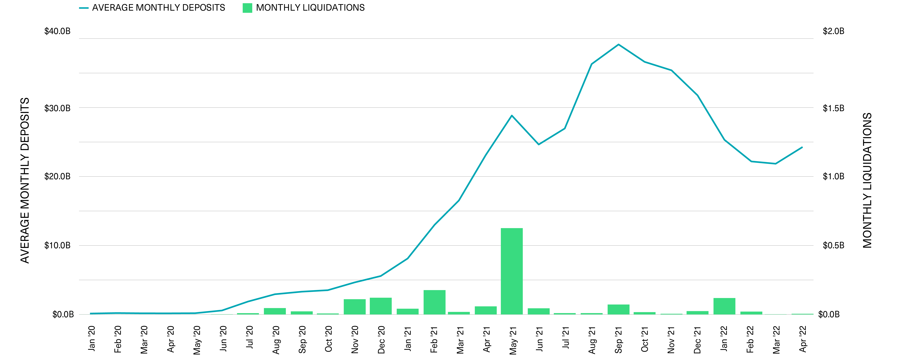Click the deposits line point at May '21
click(511, 115)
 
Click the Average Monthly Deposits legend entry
click(152, 8)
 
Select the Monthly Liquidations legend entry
click(304, 8)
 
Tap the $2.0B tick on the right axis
click(833, 31)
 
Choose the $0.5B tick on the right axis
click(833, 245)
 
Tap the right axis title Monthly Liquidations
click(867, 180)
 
